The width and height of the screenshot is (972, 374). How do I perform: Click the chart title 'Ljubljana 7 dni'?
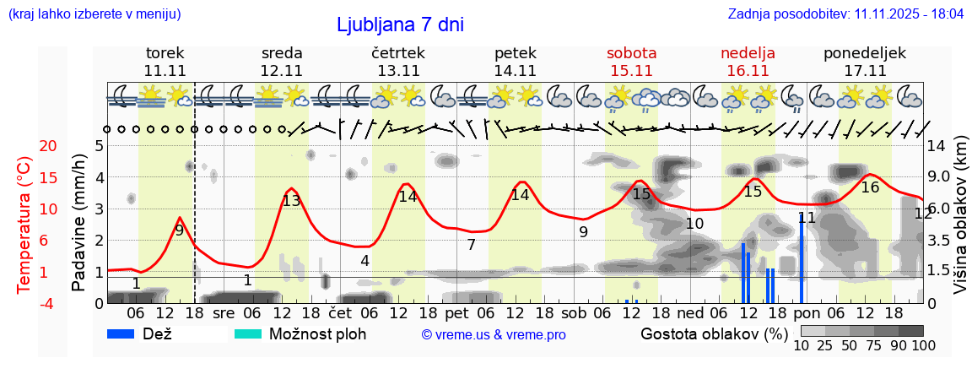[x=400, y=24]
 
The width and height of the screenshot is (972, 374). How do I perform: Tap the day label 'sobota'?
[x=631, y=52]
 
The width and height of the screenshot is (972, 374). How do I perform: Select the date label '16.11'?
[x=748, y=71]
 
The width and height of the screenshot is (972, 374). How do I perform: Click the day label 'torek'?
[x=165, y=52]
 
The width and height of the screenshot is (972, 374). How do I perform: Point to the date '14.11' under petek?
[x=515, y=71]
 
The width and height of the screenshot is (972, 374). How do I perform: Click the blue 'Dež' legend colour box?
[x=122, y=333]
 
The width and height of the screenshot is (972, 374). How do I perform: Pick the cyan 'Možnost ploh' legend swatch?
[x=248, y=333]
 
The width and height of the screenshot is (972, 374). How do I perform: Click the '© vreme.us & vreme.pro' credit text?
[x=494, y=335]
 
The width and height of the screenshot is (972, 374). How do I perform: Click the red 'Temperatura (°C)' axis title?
[x=24, y=224]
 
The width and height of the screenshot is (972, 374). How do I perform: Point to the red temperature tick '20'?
[x=25, y=146]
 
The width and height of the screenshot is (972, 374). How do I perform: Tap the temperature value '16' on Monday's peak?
[x=870, y=187]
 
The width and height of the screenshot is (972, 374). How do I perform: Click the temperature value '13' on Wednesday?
[x=291, y=201]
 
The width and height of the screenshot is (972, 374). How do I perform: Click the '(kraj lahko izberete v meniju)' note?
[x=94, y=14]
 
